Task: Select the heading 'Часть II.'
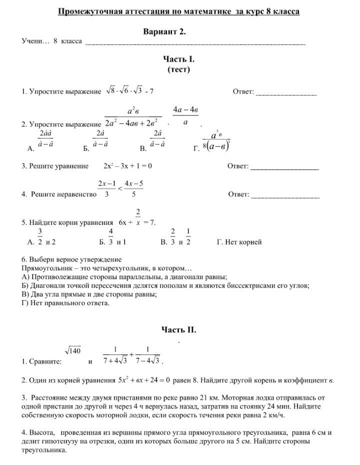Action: [x=178, y=329]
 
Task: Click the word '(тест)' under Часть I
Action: [x=178, y=69]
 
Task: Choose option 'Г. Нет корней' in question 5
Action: [x=239, y=242]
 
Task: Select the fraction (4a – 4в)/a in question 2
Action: [x=186, y=115]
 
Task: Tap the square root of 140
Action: [x=72, y=351]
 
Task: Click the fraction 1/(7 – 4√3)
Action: [x=148, y=355]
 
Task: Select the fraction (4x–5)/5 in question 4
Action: [x=134, y=189]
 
